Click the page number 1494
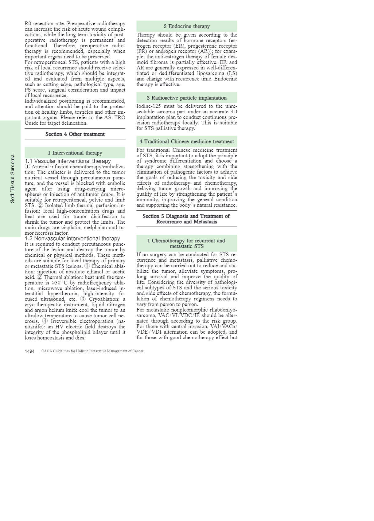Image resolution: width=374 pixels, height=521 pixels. click(29, 351)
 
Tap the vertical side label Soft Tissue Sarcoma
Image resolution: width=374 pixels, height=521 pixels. click(12, 178)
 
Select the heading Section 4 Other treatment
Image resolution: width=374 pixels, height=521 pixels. click(75, 134)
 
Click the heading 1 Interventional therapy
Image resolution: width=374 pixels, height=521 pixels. click(75, 153)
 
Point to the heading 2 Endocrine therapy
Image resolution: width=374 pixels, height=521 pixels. click(187, 26)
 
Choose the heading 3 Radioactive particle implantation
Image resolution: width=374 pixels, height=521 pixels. click(187, 98)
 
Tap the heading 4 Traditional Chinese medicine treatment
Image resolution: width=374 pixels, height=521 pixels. click(187, 141)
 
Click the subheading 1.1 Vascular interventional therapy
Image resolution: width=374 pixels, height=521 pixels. click(68, 161)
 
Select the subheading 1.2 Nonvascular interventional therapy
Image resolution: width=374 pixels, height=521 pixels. click(72, 238)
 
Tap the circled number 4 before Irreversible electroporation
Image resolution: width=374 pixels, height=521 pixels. click(45, 321)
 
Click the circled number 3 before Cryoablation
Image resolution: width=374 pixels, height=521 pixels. click(83, 299)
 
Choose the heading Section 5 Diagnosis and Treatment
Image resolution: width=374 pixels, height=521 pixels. click(186, 219)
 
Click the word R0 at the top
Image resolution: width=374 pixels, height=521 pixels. click(28, 24)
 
